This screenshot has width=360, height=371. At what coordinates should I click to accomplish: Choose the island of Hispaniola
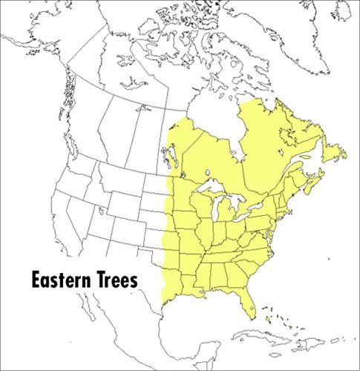click(312, 343)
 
